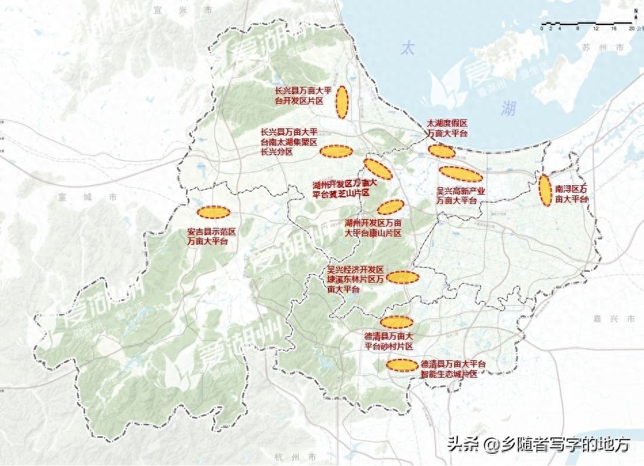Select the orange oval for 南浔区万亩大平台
pos(544,190)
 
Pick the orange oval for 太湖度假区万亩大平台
pos(442,151)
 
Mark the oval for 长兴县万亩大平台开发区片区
pos(342,102)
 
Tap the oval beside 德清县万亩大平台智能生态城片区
pos(402,365)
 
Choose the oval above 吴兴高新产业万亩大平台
pos(461,174)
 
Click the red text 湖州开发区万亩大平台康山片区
pos(373,227)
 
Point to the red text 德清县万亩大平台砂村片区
pos(388,341)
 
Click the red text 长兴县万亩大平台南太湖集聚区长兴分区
pos(288,142)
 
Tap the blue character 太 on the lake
pos(406,48)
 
